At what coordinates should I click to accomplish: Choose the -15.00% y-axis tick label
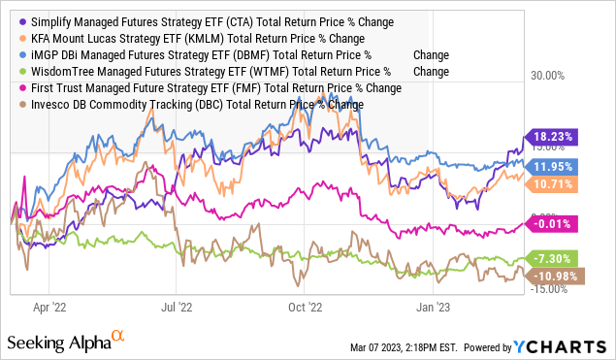pyautogui.click(x=550, y=288)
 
